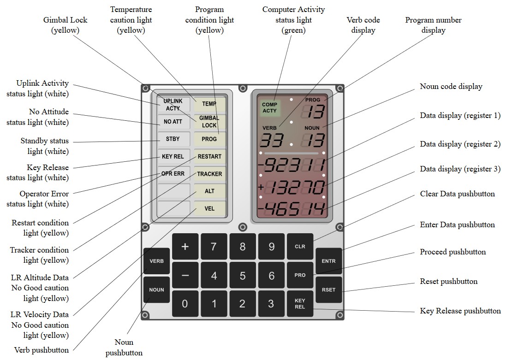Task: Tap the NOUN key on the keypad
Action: coord(156,290)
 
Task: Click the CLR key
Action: coord(300,247)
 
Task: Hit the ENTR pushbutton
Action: coord(328,261)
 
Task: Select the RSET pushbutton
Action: coord(328,290)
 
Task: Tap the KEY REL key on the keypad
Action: coord(300,304)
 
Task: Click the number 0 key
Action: coord(185,304)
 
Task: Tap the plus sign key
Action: coord(185,247)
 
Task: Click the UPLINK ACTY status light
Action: coord(173,104)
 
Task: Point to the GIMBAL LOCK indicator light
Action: coord(209,122)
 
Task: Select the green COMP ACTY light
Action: coord(269,107)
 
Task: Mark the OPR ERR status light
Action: coord(173,174)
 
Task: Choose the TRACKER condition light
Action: coord(209,174)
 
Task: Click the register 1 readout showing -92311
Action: coord(292,165)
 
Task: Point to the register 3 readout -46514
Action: coord(292,210)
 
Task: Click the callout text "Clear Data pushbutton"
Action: coord(457,194)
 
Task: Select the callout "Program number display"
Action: coord(433,25)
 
